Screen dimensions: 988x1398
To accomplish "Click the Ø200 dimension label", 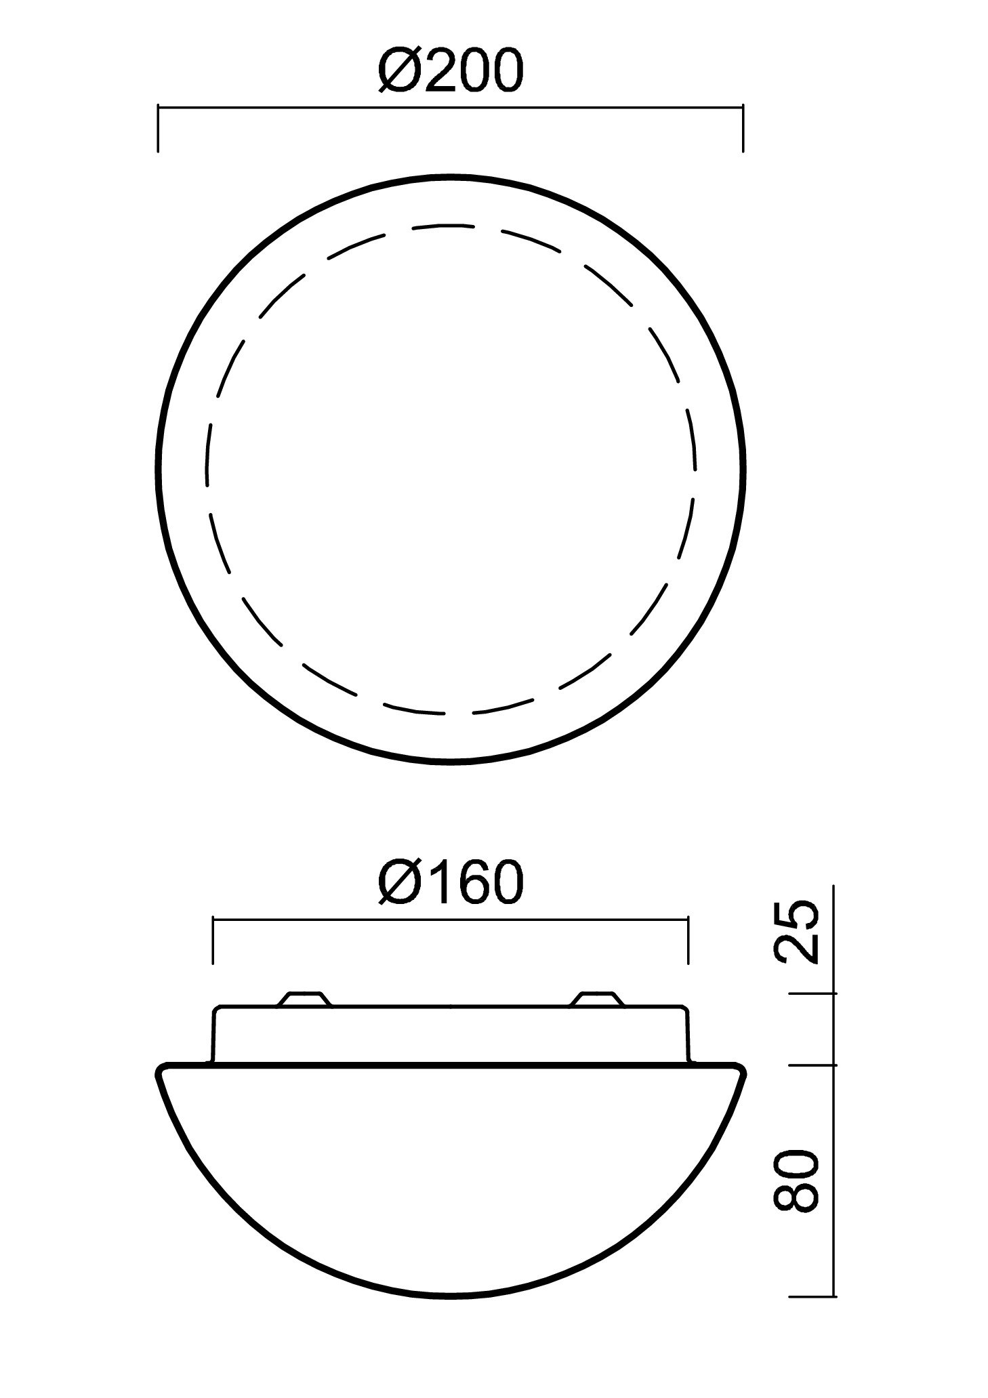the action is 451,70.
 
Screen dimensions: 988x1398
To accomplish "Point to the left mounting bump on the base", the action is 304,1000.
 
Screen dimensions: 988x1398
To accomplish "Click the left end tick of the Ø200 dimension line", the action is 158,128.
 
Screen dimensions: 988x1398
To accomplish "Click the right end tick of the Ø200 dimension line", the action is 743,128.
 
